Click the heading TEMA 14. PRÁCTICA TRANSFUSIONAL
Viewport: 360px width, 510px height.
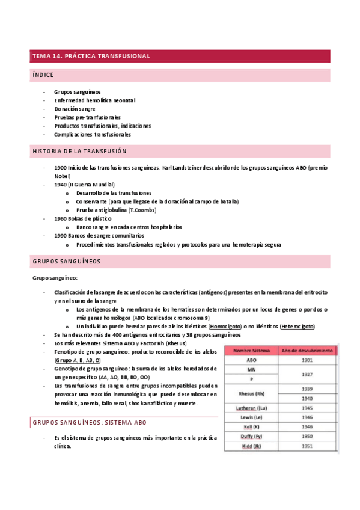point(91,56)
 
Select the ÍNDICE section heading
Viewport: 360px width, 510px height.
point(43,75)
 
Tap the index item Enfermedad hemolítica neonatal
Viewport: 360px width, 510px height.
point(94,100)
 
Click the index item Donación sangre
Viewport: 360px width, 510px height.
point(75,109)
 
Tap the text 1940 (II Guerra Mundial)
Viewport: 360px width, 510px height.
point(84,184)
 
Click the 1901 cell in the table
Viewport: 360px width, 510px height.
point(308,360)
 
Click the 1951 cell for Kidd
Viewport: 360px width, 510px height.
point(308,446)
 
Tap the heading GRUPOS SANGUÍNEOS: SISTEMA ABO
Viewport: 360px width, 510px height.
point(90,423)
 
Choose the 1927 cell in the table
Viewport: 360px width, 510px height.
point(308,374)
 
